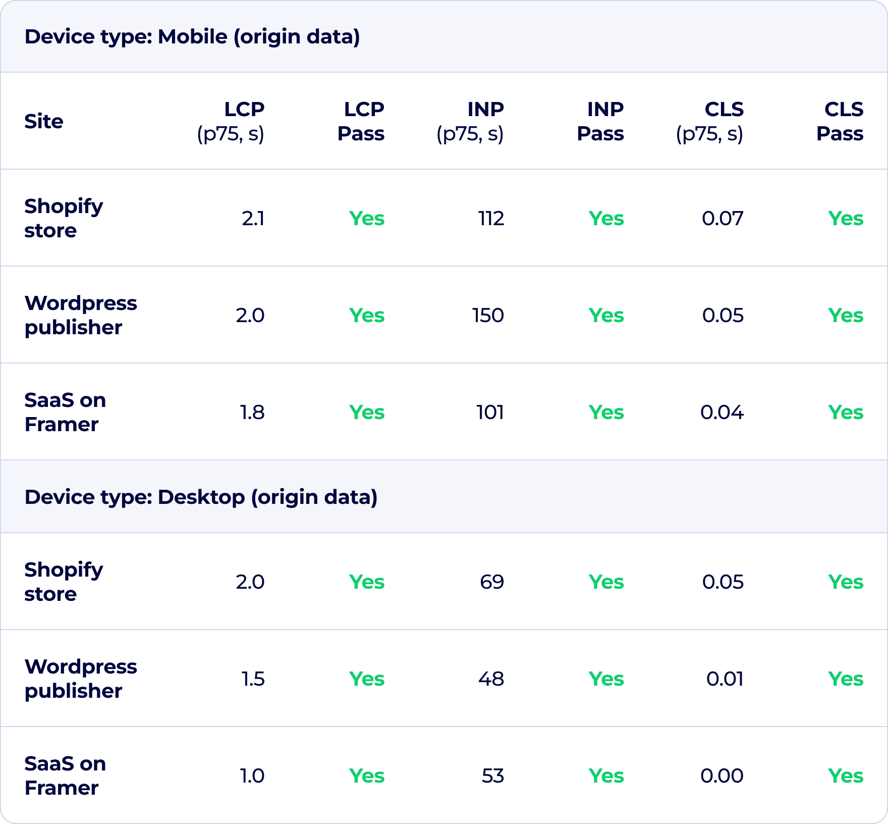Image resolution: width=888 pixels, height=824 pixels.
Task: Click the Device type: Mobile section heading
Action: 192,37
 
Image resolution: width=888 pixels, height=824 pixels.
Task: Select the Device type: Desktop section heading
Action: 201,497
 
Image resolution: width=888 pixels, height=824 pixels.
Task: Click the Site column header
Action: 44,122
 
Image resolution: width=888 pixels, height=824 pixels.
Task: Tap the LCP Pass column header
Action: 361,122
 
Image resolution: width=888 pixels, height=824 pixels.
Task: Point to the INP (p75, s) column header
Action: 470,122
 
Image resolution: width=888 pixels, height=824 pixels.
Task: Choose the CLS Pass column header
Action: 840,122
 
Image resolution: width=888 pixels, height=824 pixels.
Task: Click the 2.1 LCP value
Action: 253,219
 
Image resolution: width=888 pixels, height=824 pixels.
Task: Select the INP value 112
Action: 491,219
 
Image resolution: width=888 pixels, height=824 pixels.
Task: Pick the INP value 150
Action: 488,316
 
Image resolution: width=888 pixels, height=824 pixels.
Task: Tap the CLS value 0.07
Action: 723,219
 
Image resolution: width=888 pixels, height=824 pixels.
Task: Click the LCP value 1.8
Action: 252,413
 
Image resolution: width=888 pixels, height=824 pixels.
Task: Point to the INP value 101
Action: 490,413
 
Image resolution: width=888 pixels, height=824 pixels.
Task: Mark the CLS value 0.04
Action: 722,413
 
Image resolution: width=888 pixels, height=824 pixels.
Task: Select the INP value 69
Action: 492,582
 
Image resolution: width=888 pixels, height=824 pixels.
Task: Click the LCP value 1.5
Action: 253,679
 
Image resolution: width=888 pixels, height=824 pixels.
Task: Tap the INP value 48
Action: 491,679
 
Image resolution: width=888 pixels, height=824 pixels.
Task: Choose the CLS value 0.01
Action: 725,679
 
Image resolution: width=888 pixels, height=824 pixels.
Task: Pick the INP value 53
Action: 492,776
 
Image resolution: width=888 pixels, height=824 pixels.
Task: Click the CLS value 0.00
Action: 722,776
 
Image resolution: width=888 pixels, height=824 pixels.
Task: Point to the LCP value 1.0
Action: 252,776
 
